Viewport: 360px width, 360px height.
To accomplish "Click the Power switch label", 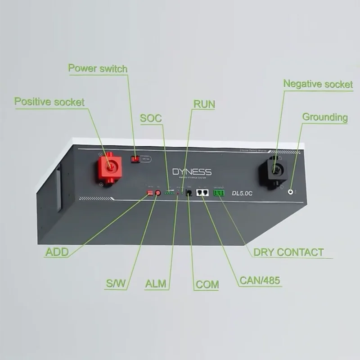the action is [x=98, y=68].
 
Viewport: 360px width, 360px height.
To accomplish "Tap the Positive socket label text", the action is [x=49, y=101].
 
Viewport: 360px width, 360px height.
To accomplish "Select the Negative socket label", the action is [x=318, y=84].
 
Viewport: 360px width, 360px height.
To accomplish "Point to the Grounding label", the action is [x=325, y=117].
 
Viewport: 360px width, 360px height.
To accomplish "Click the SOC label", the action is [x=151, y=118].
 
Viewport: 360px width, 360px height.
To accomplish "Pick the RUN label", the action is [x=204, y=104].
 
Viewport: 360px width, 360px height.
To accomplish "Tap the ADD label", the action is [x=57, y=252].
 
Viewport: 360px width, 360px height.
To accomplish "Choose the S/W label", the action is [x=116, y=284].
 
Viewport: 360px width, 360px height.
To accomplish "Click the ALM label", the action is [x=156, y=284].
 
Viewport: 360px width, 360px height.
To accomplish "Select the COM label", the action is [x=207, y=284].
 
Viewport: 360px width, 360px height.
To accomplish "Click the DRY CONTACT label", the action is [x=288, y=252].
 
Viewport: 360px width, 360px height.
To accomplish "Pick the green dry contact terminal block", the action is [x=219, y=193].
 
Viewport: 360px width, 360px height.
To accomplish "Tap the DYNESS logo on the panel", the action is [x=192, y=172].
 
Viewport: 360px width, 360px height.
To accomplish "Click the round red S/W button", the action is [x=158, y=193].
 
